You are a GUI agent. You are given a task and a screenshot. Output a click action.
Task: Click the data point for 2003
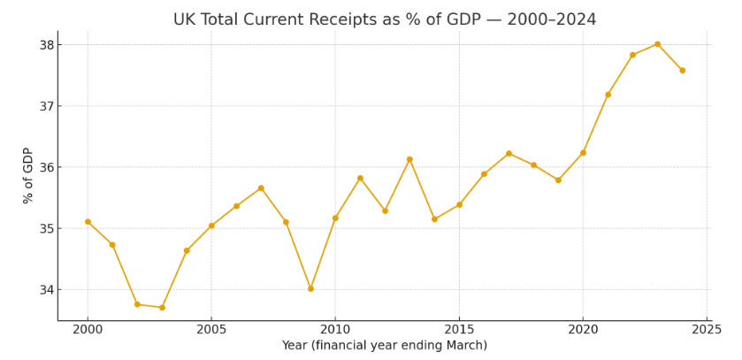click(162, 307)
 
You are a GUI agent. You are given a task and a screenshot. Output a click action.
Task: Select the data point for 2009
click(310, 288)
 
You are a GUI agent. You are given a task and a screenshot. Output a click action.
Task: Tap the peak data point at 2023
click(657, 44)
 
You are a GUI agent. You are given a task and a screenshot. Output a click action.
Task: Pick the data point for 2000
click(88, 222)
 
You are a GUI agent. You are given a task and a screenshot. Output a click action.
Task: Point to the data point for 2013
click(409, 159)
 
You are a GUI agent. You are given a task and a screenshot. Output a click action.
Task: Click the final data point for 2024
click(682, 71)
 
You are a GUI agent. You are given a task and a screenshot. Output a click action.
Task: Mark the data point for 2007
click(261, 188)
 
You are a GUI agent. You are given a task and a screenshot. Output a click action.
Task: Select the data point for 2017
click(509, 154)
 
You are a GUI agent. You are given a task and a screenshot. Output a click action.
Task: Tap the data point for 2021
click(608, 95)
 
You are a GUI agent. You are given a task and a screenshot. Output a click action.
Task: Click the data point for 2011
click(360, 178)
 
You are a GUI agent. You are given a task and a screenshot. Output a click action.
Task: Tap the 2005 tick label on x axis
click(211, 330)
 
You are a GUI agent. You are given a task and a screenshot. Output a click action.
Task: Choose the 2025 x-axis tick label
click(707, 330)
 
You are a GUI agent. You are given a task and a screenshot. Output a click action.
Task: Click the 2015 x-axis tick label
click(459, 330)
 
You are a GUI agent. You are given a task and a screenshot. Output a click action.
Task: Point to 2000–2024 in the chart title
click(552, 19)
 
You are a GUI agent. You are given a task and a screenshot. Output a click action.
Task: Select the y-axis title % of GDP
click(27, 175)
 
